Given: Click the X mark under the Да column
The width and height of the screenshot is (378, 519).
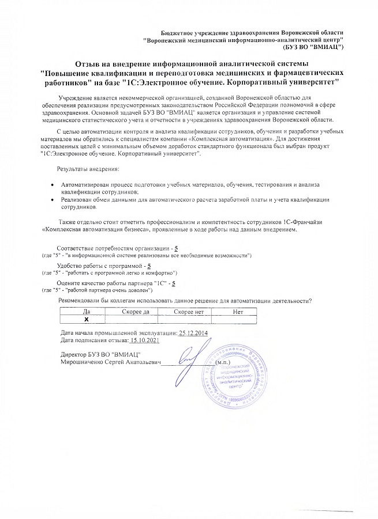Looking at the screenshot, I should [x=86, y=318].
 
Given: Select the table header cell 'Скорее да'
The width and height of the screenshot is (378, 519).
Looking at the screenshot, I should [x=136, y=311].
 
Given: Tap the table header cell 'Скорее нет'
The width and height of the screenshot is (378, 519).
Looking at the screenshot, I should [x=188, y=311].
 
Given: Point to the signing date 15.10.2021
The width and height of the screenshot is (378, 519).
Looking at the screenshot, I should [x=141, y=341].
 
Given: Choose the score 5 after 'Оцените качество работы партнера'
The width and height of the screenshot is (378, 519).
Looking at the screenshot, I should [x=174, y=283].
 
